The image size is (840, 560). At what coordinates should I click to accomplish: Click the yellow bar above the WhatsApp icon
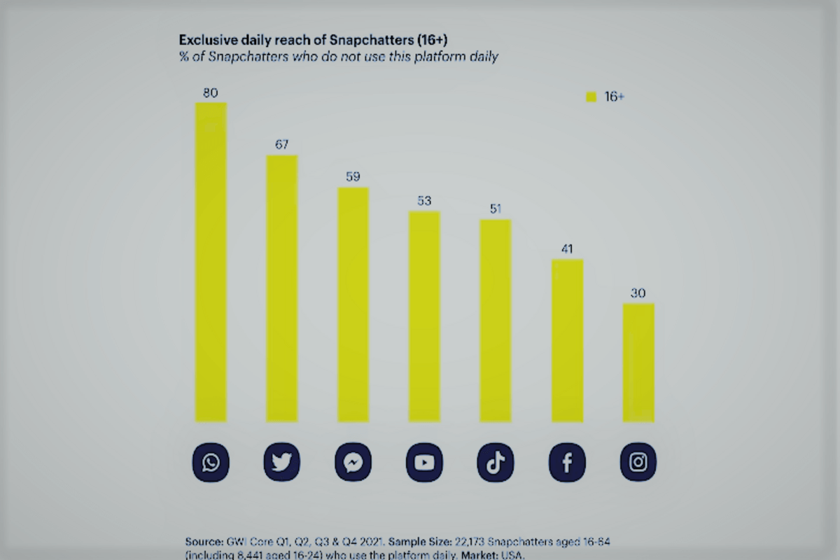point(211,262)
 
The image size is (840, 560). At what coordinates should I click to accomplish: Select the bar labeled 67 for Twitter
point(281,288)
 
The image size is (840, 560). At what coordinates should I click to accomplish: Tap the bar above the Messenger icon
point(353,304)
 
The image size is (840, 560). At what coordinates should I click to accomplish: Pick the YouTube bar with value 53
point(424,316)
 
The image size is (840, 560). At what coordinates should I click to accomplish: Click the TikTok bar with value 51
point(496,321)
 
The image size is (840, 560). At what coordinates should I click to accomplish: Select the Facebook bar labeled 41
point(567,340)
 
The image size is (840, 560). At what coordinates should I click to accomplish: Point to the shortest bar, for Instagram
point(638,363)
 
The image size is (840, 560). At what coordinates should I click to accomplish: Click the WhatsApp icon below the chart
point(211,463)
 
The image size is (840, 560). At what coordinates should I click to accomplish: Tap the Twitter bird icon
point(281,463)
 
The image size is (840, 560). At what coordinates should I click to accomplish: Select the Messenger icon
point(353,463)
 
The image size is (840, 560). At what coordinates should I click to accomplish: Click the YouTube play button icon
point(424,463)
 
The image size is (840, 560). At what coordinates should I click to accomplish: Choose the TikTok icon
point(496,463)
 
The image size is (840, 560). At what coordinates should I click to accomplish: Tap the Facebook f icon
point(567,463)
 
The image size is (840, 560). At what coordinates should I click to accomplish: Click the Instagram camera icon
point(638,463)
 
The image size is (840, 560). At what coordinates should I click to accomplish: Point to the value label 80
point(211,92)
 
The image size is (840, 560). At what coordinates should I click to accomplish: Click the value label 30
point(638,293)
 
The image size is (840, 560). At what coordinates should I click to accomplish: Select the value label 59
point(353,176)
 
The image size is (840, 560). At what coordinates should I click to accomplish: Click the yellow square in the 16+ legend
point(591,97)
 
